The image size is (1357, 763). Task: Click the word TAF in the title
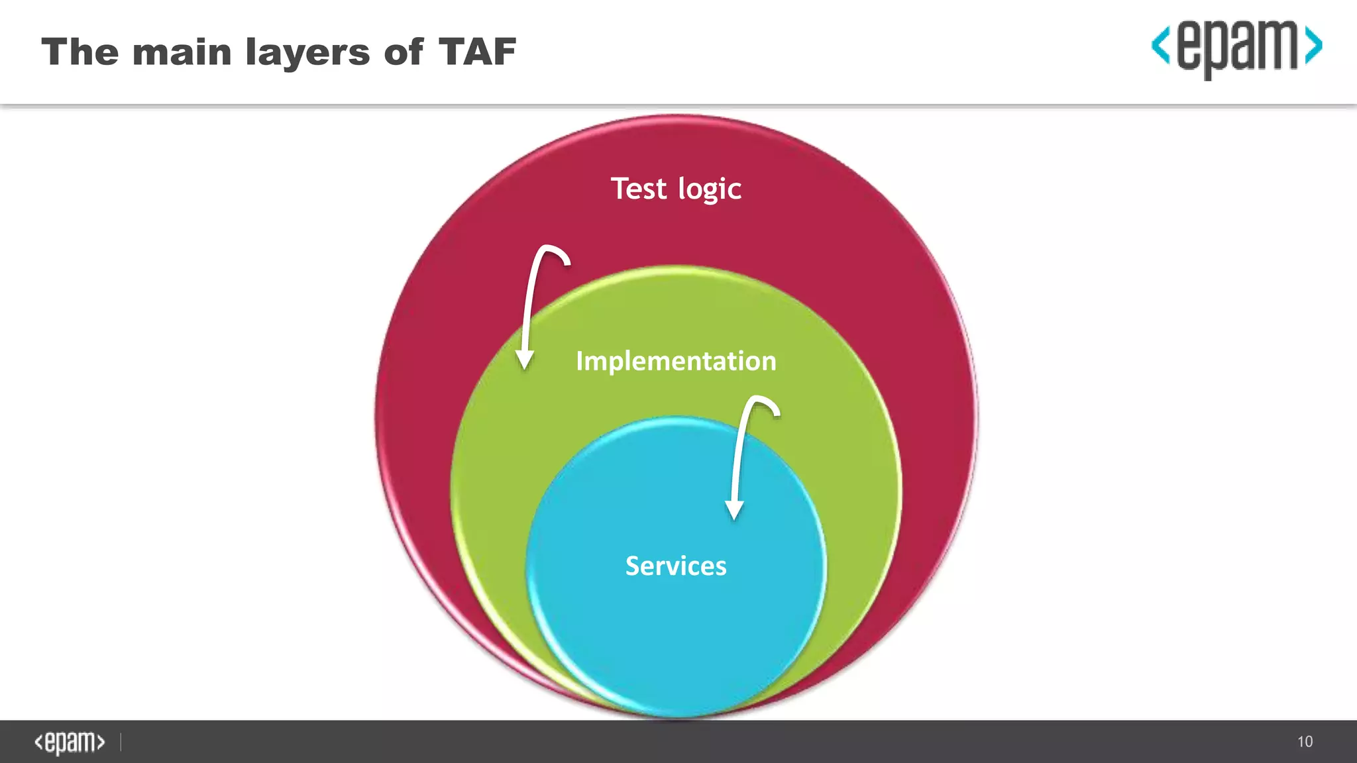[x=477, y=52]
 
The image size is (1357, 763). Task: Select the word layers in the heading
[x=307, y=53]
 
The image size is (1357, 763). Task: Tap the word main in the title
[x=182, y=52]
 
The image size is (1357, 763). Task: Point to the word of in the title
[x=403, y=52]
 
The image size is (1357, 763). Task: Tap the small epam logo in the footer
[x=70, y=742]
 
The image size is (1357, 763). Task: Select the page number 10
[x=1305, y=742]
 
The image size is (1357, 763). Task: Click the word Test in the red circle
[x=638, y=189]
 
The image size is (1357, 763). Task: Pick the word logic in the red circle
[x=709, y=190]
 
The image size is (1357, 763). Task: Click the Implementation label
[x=676, y=361]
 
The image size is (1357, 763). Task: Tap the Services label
[x=676, y=566]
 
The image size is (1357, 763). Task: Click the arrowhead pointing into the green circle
[x=525, y=360]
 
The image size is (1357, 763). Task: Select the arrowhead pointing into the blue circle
[x=734, y=510]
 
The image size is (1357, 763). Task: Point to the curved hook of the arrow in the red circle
[x=553, y=252]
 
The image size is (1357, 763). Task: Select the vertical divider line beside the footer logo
[x=121, y=742]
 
